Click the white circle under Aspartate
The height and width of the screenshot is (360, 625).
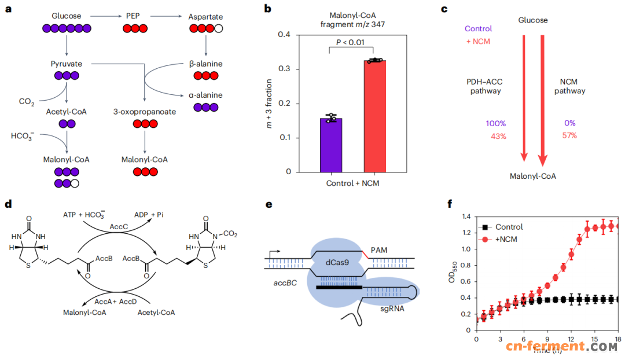(218, 28)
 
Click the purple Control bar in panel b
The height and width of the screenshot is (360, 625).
(331, 145)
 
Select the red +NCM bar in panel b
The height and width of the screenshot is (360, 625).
(375, 116)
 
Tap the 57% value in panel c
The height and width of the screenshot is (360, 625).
(569, 135)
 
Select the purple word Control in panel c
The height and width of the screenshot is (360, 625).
(479, 28)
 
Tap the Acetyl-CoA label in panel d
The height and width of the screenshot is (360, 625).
(156, 313)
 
